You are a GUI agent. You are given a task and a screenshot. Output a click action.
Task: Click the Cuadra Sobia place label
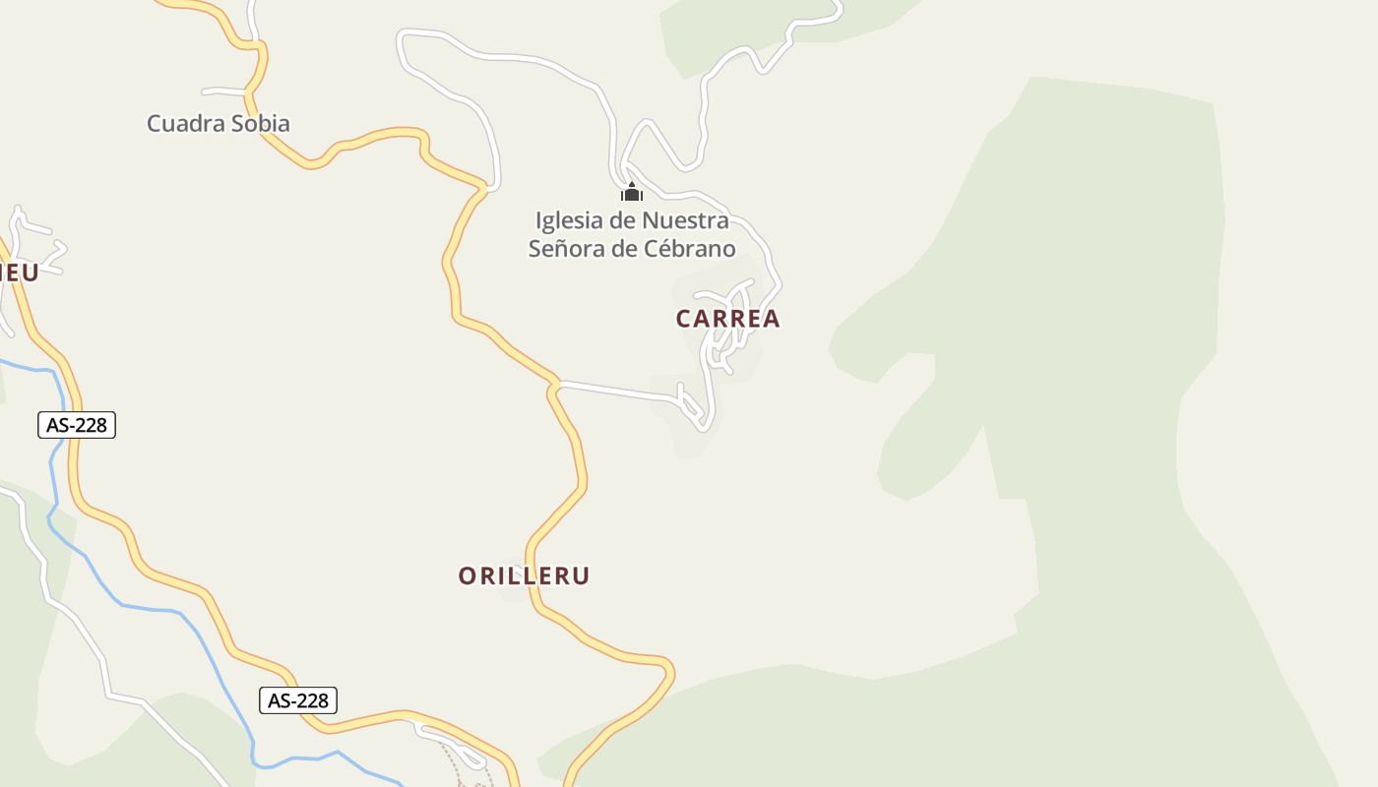point(219,124)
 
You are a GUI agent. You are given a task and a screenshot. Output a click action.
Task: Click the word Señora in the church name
point(566,249)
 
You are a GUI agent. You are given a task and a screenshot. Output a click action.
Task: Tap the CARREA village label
point(727,319)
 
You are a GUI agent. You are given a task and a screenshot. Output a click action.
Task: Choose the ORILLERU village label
point(524,576)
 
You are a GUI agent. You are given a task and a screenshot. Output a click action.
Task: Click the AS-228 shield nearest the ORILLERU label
point(298,700)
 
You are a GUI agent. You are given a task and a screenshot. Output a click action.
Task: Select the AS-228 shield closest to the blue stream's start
point(77,425)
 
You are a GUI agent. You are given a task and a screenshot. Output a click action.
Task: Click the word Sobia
point(261,124)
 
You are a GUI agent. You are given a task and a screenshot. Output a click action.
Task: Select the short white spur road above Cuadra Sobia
point(224,91)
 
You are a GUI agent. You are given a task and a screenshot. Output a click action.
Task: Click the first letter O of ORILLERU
point(468,576)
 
